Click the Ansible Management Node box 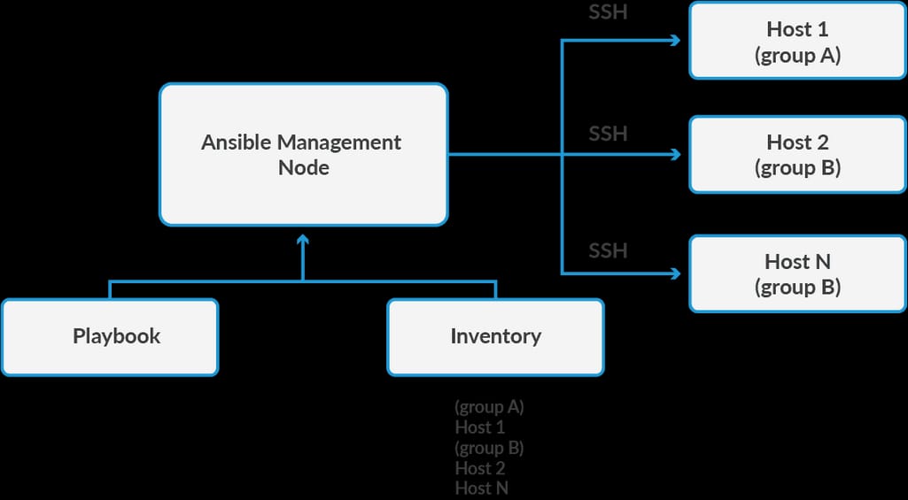[303, 155]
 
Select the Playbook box [110, 336]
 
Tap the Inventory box [495, 336]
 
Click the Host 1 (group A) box [797, 41]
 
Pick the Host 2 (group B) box [797, 154]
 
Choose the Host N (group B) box [797, 273]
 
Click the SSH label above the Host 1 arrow [608, 14]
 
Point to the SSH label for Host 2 [608, 134]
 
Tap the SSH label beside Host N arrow [608, 250]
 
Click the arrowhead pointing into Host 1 [676, 41]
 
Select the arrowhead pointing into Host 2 [676, 155]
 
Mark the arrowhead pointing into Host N [676, 273]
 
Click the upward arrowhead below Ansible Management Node [303, 239]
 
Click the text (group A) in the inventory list [489, 407]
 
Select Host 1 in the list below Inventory [479, 427]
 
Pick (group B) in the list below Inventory [489, 448]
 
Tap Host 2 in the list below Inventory [479, 468]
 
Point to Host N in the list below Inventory [481, 488]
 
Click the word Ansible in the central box [236, 142]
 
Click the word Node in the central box [303, 167]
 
